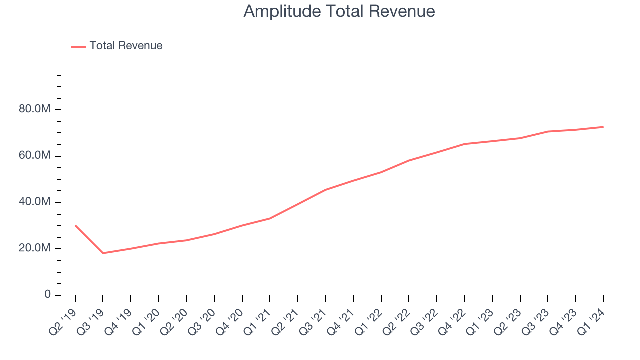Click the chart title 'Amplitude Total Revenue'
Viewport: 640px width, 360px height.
[x=339, y=11]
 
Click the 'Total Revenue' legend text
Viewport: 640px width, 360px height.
[x=126, y=46]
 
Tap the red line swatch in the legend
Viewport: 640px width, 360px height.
[x=78, y=46]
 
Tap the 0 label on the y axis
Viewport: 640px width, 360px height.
[x=47, y=294]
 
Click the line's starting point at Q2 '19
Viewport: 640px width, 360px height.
[x=75, y=225]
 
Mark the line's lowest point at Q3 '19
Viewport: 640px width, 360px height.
[x=103, y=253]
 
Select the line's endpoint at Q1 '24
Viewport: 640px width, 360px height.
[x=603, y=127]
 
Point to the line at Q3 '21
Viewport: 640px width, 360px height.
[x=325, y=190]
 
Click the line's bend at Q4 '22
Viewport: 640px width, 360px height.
[x=464, y=144]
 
